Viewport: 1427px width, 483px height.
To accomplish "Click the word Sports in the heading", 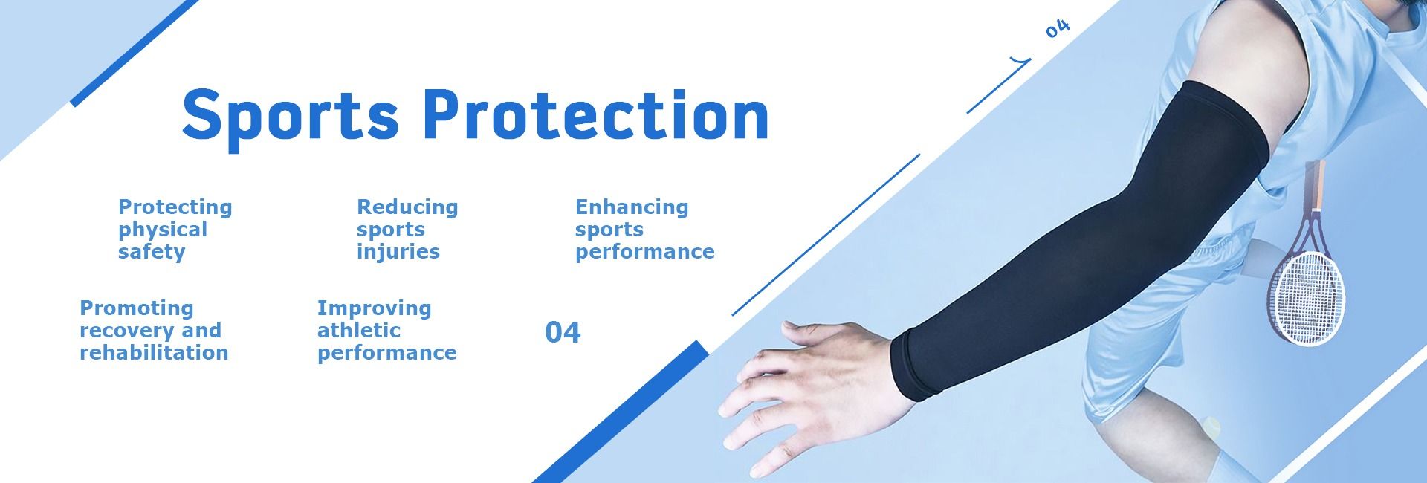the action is pyautogui.click(x=291, y=115).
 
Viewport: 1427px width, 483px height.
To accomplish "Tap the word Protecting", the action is pyautogui.click(x=175, y=207).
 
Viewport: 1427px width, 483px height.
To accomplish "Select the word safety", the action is pyautogui.click(x=152, y=252).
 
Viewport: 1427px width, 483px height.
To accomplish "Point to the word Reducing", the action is pyautogui.click(x=407, y=207).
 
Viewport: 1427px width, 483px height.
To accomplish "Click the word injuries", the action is pyautogui.click(x=398, y=252).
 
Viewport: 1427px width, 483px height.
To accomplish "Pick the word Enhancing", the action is pyautogui.click(x=632, y=207).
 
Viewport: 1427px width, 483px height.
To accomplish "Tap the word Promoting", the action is pyautogui.click(x=137, y=308).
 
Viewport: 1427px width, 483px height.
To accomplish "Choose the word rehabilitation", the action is pyautogui.click(x=154, y=352).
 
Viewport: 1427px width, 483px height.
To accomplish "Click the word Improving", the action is pyautogui.click(x=374, y=308).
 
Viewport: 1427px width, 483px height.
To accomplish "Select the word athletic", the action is pyautogui.click(x=359, y=330).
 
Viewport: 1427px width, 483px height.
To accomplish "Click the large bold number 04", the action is pyautogui.click(x=563, y=332).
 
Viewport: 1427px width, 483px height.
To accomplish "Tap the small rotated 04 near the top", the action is pyautogui.click(x=1058, y=28).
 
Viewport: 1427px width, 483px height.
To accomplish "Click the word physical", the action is pyautogui.click(x=163, y=230).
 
